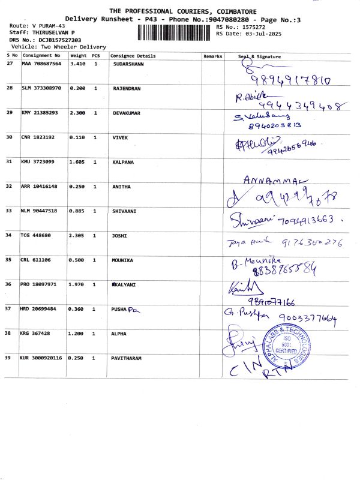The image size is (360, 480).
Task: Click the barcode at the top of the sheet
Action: pyautogui.click(x=176, y=31)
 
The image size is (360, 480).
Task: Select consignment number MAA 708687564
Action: pyautogui.click(x=41, y=64)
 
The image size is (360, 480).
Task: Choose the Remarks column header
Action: pyautogui.click(x=212, y=56)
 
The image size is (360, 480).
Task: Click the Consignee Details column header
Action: pyautogui.click(x=133, y=56)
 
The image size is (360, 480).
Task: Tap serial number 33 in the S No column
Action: pyautogui.click(x=10, y=211)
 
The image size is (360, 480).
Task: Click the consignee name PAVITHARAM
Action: pyautogui.click(x=127, y=358)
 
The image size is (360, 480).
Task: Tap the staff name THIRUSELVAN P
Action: pyautogui.click(x=53, y=32)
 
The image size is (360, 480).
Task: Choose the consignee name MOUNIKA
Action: pyautogui.click(x=124, y=260)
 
